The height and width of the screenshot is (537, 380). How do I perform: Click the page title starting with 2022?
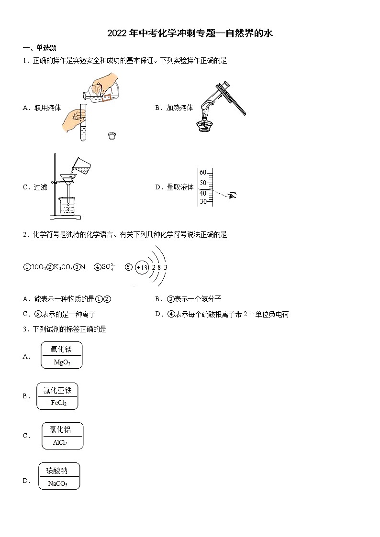tap(190, 33)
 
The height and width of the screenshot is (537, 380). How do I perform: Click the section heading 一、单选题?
tap(40, 48)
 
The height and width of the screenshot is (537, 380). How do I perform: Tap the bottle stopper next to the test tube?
tap(112, 136)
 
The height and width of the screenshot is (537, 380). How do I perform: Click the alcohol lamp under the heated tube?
tap(205, 125)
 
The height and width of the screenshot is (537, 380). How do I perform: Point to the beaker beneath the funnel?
tap(69, 207)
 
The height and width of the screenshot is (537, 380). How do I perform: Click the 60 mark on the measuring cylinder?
tap(203, 173)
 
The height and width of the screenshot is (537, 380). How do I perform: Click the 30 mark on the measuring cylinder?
tap(203, 201)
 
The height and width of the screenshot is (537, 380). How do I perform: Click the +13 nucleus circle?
tap(142, 268)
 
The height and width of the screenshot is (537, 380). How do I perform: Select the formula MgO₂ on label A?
tap(62, 362)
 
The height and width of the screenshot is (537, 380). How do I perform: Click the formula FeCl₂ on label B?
tap(58, 403)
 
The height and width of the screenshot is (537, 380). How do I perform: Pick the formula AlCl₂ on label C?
tap(60, 443)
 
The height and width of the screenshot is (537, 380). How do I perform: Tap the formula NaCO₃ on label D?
tap(58, 483)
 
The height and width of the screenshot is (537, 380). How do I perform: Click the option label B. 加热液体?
tap(174, 108)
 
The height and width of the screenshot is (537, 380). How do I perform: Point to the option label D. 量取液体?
tap(174, 187)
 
